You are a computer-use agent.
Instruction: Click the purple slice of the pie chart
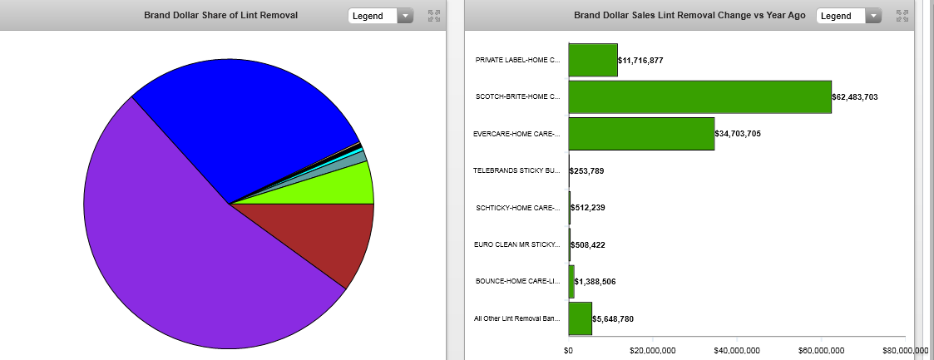[191, 266]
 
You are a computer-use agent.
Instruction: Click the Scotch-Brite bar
[699, 96]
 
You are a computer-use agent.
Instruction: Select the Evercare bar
[641, 133]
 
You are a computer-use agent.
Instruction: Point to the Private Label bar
[593, 60]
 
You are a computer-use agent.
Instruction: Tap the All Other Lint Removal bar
[580, 318]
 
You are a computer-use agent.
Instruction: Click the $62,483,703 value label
[855, 97]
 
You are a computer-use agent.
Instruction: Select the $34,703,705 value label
[739, 134]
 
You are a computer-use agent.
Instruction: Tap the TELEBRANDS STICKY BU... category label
[516, 170]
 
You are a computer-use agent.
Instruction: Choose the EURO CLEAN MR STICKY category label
[516, 244]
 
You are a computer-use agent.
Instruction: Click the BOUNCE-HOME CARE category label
[516, 282]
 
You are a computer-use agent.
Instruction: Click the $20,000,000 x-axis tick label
[653, 350]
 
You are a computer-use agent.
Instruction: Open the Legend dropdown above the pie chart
[380, 16]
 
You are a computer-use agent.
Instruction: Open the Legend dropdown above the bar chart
[848, 16]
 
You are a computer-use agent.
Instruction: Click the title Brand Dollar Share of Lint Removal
[220, 16]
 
